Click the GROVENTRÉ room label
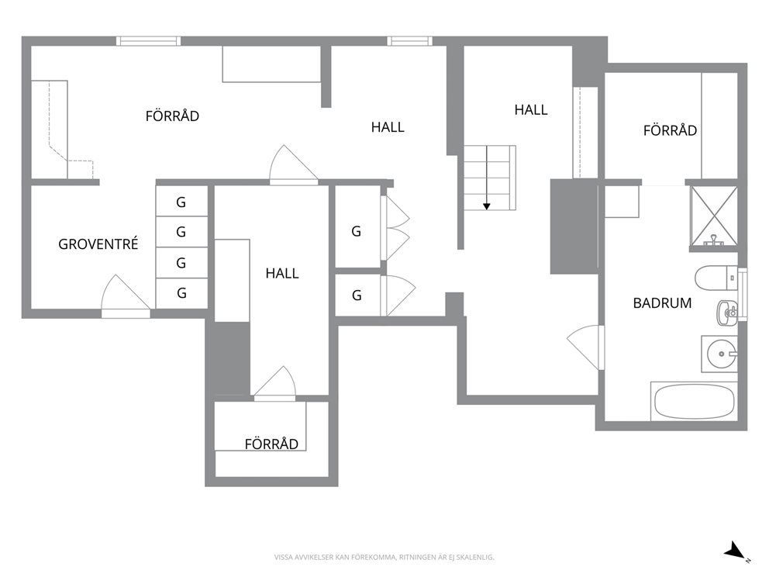tap(98, 244)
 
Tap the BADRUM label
tap(662, 303)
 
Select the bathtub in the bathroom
tap(694, 402)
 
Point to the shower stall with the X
tap(714, 216)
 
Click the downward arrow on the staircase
tap(487, 178)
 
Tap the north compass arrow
tap(736, 550)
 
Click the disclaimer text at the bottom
tap(384, 558)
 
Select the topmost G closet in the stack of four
tap(181, 201)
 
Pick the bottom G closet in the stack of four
tap(181, 293)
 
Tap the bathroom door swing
tap(585, 347)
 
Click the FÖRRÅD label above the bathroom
tap(670, 130)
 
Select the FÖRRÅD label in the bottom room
tap(271, 444)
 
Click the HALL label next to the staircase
tap(531, 110)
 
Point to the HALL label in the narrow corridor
tap(282, 273)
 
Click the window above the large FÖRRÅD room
tap(148, 41)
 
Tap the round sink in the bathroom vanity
tap(722, 354)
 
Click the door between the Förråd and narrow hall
tap(294, 164)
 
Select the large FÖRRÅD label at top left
tap(172, 116)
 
